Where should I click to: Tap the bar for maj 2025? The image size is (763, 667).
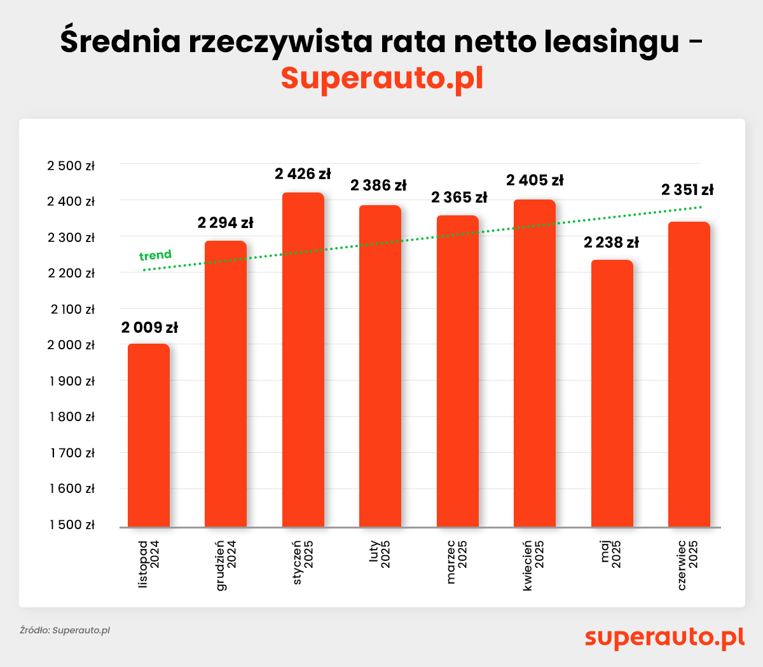(x=612, y=393)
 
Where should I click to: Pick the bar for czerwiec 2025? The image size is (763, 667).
(x=689, y=374)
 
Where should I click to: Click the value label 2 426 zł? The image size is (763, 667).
(x=303, y=174)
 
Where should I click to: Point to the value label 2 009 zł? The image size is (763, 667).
(x=149, y=328)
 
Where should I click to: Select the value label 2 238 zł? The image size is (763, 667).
(x=611, y=243)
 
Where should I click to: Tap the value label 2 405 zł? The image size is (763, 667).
(x=535, y=180)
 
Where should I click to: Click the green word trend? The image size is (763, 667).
(x=155, y=255)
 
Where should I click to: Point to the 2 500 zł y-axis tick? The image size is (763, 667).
(x=71, y=166)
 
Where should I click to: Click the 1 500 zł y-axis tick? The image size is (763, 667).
(x=71, y=525)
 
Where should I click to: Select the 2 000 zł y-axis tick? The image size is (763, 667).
(x=71, y=345)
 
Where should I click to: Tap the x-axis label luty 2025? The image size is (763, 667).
(x=380, y=554)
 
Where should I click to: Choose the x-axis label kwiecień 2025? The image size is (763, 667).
(x=534, y=565)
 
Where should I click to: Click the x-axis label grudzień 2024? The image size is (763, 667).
(x=226, y=565)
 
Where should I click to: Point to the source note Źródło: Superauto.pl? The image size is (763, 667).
(x=65, y=630)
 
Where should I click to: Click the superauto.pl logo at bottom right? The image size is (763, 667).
(x=664, y=637)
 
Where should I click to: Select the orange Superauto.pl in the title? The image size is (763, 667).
(x=382, y=78)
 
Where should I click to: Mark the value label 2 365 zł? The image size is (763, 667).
(x=459, y=198)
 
